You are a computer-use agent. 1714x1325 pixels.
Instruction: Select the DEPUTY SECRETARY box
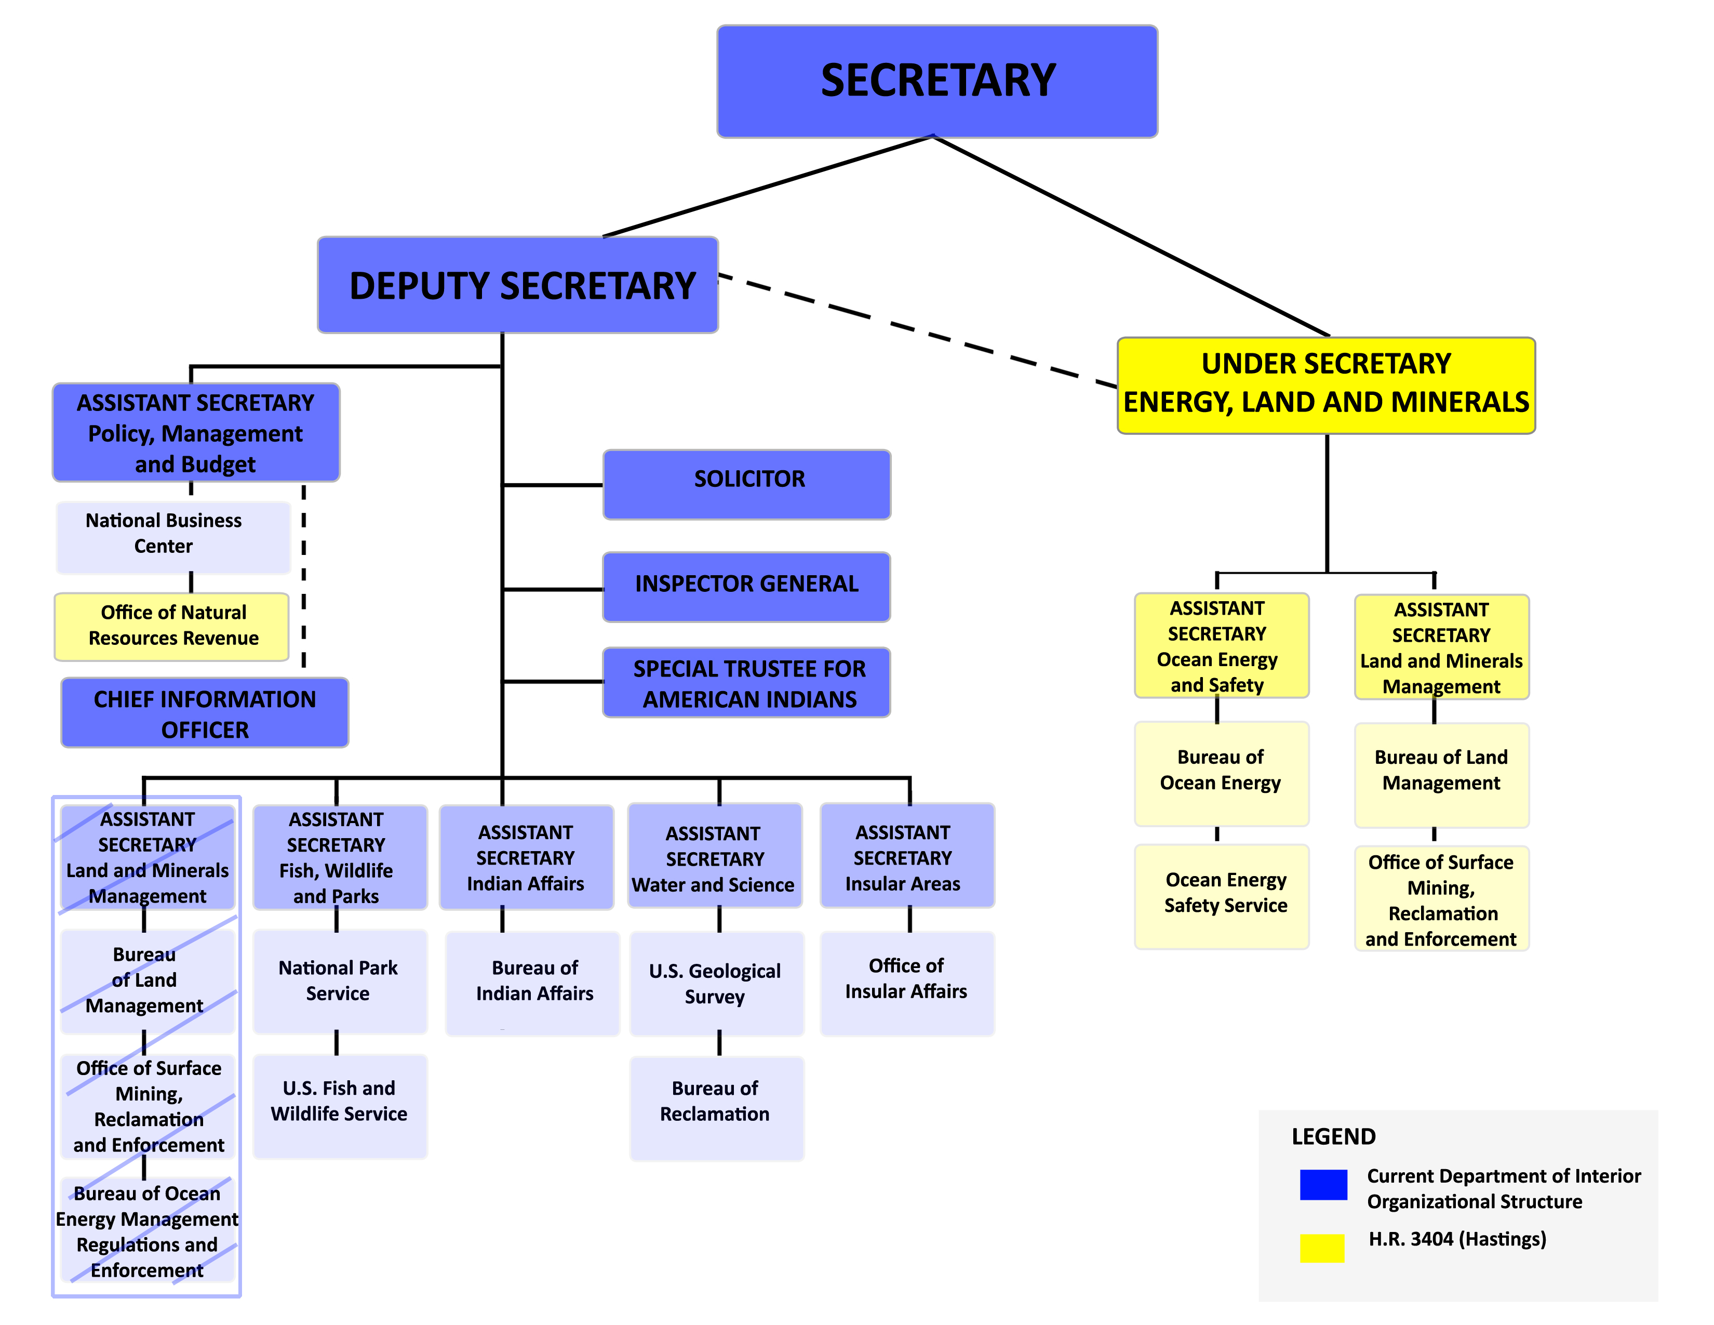coord(518,285)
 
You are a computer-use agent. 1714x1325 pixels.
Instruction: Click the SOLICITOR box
coord(746,484)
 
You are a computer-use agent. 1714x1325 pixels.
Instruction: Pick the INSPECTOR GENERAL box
coord(746,586)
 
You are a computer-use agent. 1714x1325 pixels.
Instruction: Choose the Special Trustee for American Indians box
coord(746,682)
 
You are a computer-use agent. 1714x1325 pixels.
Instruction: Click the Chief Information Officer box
coord(205,713)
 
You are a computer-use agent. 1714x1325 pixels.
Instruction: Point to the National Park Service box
coord(340,981)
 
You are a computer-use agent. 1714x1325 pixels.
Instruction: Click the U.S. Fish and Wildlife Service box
coord(340,1105)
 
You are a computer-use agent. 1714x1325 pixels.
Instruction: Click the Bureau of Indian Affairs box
coord(533,983)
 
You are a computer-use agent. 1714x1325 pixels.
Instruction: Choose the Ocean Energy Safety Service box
coord(1222,896)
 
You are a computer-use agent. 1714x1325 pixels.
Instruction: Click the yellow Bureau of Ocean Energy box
coord(1222,773)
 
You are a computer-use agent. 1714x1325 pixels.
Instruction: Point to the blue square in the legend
coord(1323,1185)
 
